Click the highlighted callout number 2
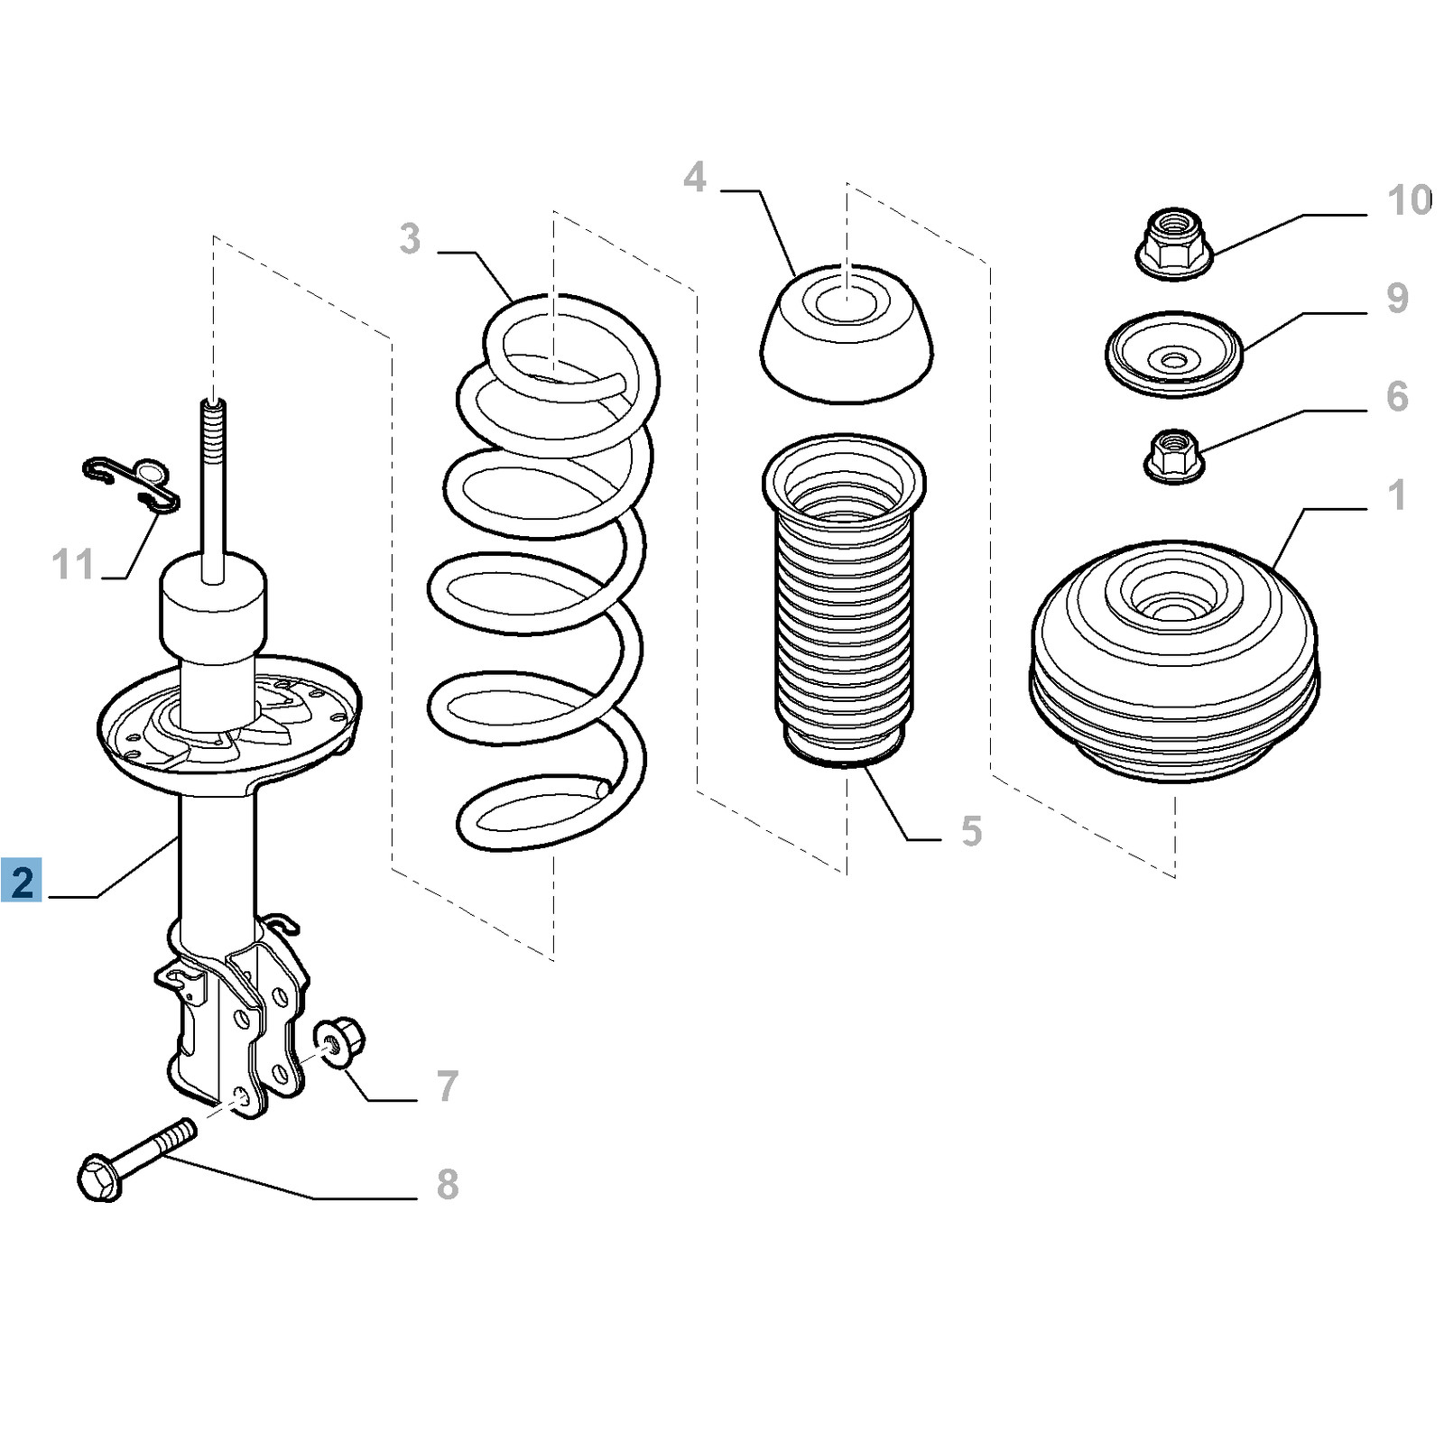23,881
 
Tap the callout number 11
73,565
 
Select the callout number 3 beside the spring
410,239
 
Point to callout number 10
1410,200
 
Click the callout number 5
971,830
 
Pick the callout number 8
448,1184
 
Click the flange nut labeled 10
1172,244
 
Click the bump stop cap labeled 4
847,334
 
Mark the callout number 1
1397,495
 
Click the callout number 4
694,177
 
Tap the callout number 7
448,1086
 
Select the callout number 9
1397,298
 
